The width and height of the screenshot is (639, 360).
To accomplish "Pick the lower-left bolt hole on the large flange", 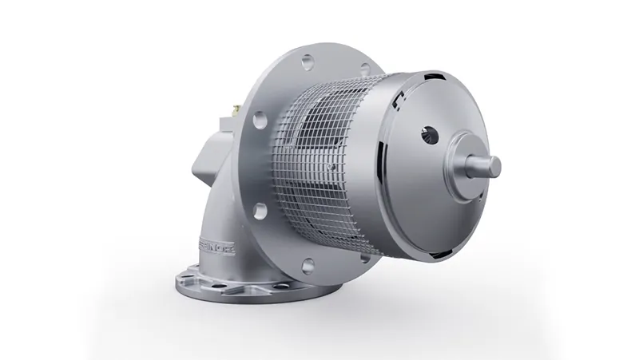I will click(x=258, y=211).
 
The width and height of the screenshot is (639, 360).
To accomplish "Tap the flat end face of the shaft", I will click(x=494, y=165).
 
